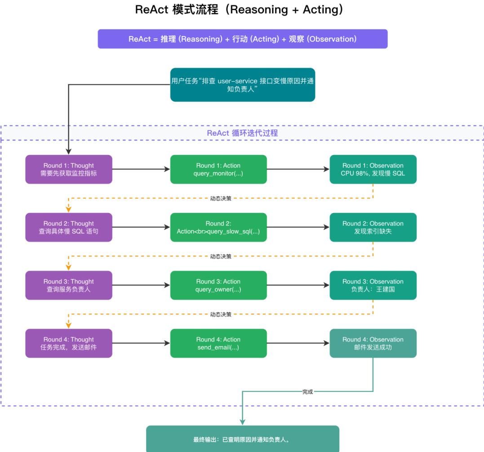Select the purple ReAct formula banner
pos(243,39)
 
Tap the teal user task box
pos(243,85)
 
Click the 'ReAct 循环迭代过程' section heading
pos(242,133)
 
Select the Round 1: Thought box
pos(69,169)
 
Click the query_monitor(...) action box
pos(218,169)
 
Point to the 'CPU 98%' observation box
pos(373,169)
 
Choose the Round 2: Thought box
pos(69,227)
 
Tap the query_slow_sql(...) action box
pos(218,227)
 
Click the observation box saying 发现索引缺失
pos(373,227)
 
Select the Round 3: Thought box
pos(69,285)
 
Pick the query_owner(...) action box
pos(218,285)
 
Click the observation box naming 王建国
pos(373,285)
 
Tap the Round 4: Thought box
pos(69,343)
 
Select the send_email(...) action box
pos(218,343)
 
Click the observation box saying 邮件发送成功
pos(373,343)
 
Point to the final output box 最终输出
pos(243,439)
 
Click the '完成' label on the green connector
pos(307,392)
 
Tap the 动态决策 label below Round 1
pos(221,198)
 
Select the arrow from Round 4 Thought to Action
pos(141,343)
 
